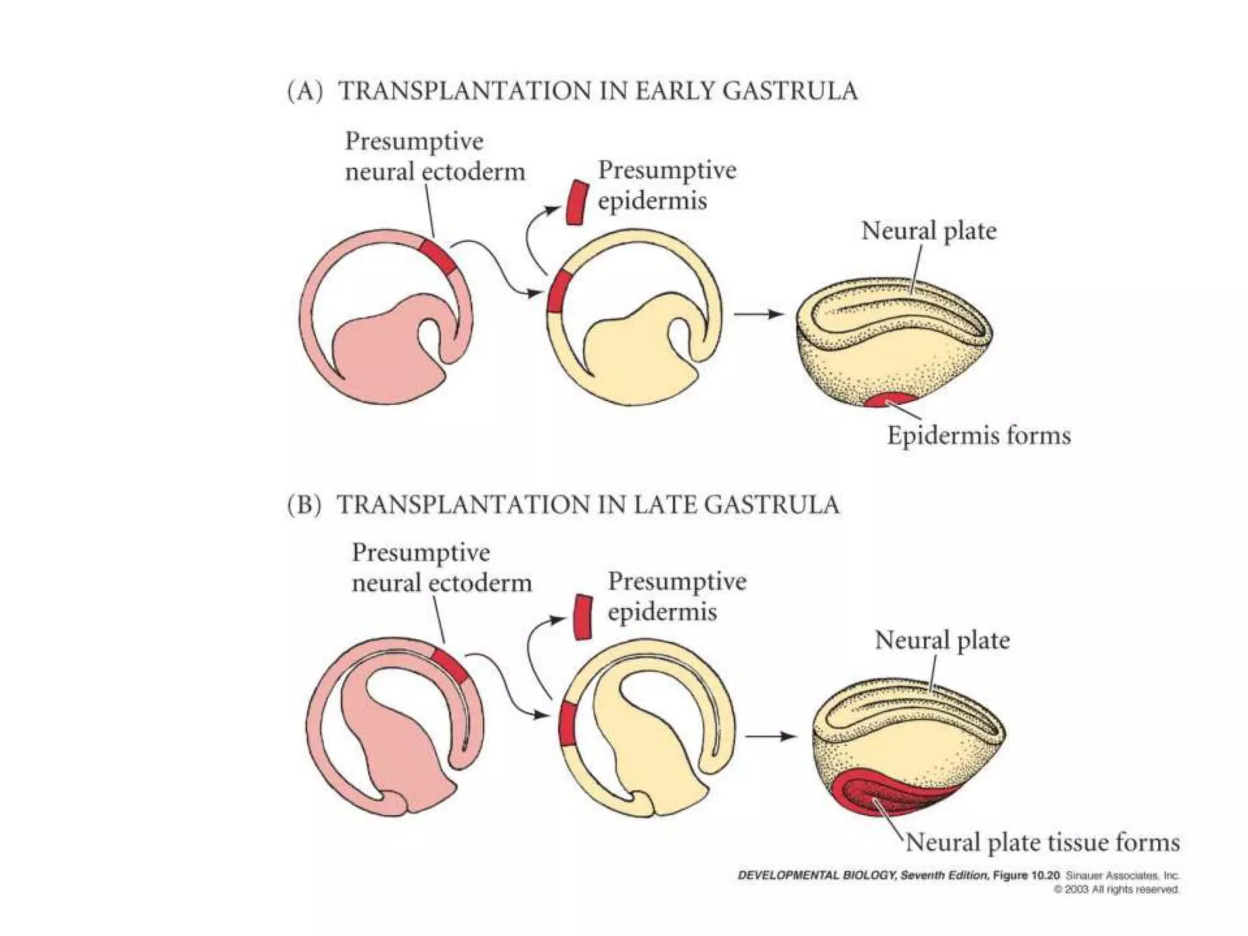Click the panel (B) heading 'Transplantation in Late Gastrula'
[x=563, y=505]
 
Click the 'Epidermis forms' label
[x=978, y=435]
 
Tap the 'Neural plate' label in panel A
[x=928, y=231]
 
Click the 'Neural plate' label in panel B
[x=942, y=640]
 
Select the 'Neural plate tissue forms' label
[x=1043, y=842]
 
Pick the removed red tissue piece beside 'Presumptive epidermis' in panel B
[x=583, y=617]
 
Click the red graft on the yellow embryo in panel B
[x=567, y=723]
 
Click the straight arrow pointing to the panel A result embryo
[x=757, y=314]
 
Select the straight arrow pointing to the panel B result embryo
[x=770, y=736]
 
